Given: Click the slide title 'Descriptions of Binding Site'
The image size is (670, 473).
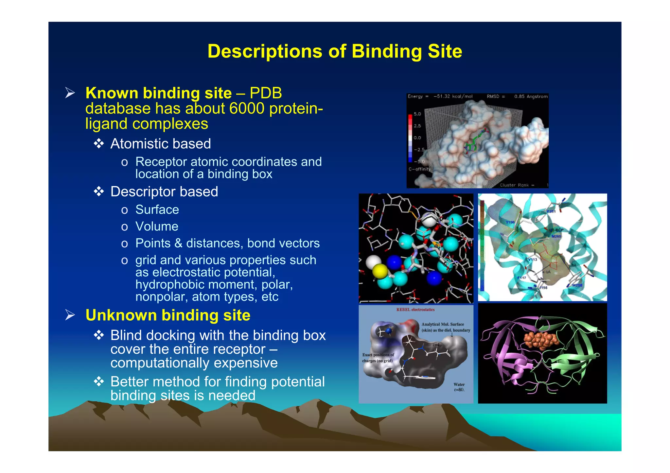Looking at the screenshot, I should point(335,51).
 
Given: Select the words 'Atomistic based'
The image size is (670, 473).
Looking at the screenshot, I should point(160,144).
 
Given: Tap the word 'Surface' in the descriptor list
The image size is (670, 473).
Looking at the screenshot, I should point(157,210).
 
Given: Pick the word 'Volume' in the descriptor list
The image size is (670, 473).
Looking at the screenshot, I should point(157,227).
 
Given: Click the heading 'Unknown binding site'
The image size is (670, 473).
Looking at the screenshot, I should point(168,315).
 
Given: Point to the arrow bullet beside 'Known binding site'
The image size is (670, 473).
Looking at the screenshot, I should point(70,93).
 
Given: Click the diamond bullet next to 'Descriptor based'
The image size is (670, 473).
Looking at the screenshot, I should point(99,192).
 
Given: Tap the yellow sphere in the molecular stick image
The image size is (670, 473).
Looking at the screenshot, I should point(380,271).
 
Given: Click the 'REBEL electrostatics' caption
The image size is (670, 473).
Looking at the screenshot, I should point(415,310).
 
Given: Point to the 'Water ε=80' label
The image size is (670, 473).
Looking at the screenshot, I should point(459,387).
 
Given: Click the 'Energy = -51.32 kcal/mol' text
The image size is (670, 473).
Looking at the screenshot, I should point(440,96).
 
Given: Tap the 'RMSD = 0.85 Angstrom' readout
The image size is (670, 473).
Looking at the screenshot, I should point(517,96).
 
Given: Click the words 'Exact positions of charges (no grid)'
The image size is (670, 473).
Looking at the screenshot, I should point(378,358).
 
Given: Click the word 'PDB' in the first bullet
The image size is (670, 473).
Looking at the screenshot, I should point(266,93).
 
